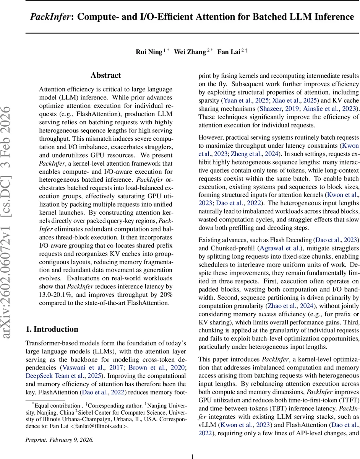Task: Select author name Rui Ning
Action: (x=149, y=52)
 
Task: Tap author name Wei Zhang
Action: (x=190, y=52)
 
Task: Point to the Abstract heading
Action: (x=105, y=75)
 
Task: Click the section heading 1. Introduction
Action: (x=52, y=329)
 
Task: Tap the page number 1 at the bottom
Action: (x=193, y=446)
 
